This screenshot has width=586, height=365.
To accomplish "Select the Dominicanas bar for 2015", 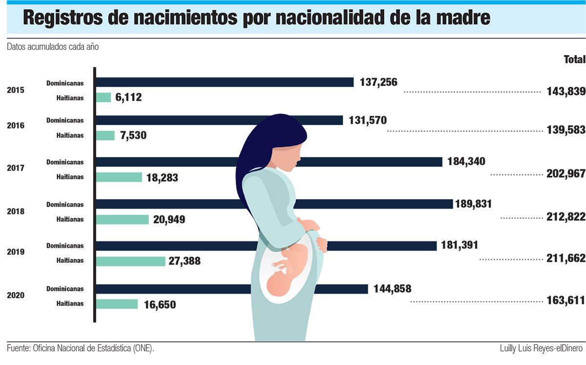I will [x=225, y=82].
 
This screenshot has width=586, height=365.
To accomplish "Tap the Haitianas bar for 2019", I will [x=131, y=261].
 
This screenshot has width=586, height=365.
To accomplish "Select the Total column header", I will [x=574, y=60].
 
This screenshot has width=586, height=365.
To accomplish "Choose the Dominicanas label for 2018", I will [x=65, y=204].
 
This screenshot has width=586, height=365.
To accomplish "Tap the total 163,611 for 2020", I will [x=566, y=301].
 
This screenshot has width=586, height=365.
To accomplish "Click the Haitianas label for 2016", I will [x=69, y=135].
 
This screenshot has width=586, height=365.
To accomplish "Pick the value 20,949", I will [x=169, y=220].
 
